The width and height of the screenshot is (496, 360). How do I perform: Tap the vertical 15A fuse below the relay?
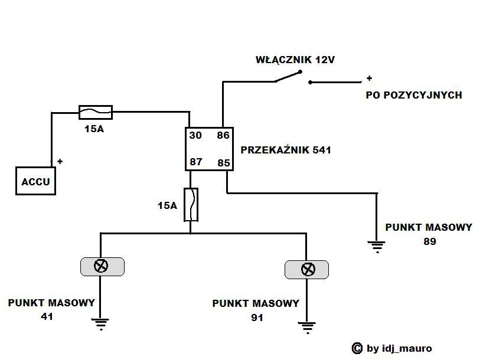[191, 205]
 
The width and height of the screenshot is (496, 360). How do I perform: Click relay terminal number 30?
[195, 136]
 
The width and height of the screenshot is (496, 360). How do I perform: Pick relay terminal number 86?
[223, 136]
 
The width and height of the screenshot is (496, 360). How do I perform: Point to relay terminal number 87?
[195, 162]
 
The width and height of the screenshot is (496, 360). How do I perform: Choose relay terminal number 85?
[223, 162]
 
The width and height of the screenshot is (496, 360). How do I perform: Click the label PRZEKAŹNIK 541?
[286, 150]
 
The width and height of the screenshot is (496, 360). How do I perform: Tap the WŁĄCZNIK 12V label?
[290, 60]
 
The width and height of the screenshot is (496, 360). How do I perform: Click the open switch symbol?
[289, 77]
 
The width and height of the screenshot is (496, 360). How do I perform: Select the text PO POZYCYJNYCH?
[414, 95]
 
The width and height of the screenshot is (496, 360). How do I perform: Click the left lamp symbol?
[102, 266]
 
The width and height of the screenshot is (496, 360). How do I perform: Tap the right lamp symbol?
[307, 270]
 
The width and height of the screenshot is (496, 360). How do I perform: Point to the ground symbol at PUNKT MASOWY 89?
[377, 246]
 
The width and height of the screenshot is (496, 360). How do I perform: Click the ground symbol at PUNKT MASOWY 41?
[101, 322]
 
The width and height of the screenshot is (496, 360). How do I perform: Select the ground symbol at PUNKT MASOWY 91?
[306, 326]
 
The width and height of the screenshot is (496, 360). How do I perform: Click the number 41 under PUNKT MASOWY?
[47, 316]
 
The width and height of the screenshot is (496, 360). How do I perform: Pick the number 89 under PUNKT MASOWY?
[429, 241]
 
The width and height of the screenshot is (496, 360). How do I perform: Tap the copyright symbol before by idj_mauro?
[357, 349]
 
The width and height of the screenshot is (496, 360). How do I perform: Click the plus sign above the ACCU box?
[60, 161]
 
